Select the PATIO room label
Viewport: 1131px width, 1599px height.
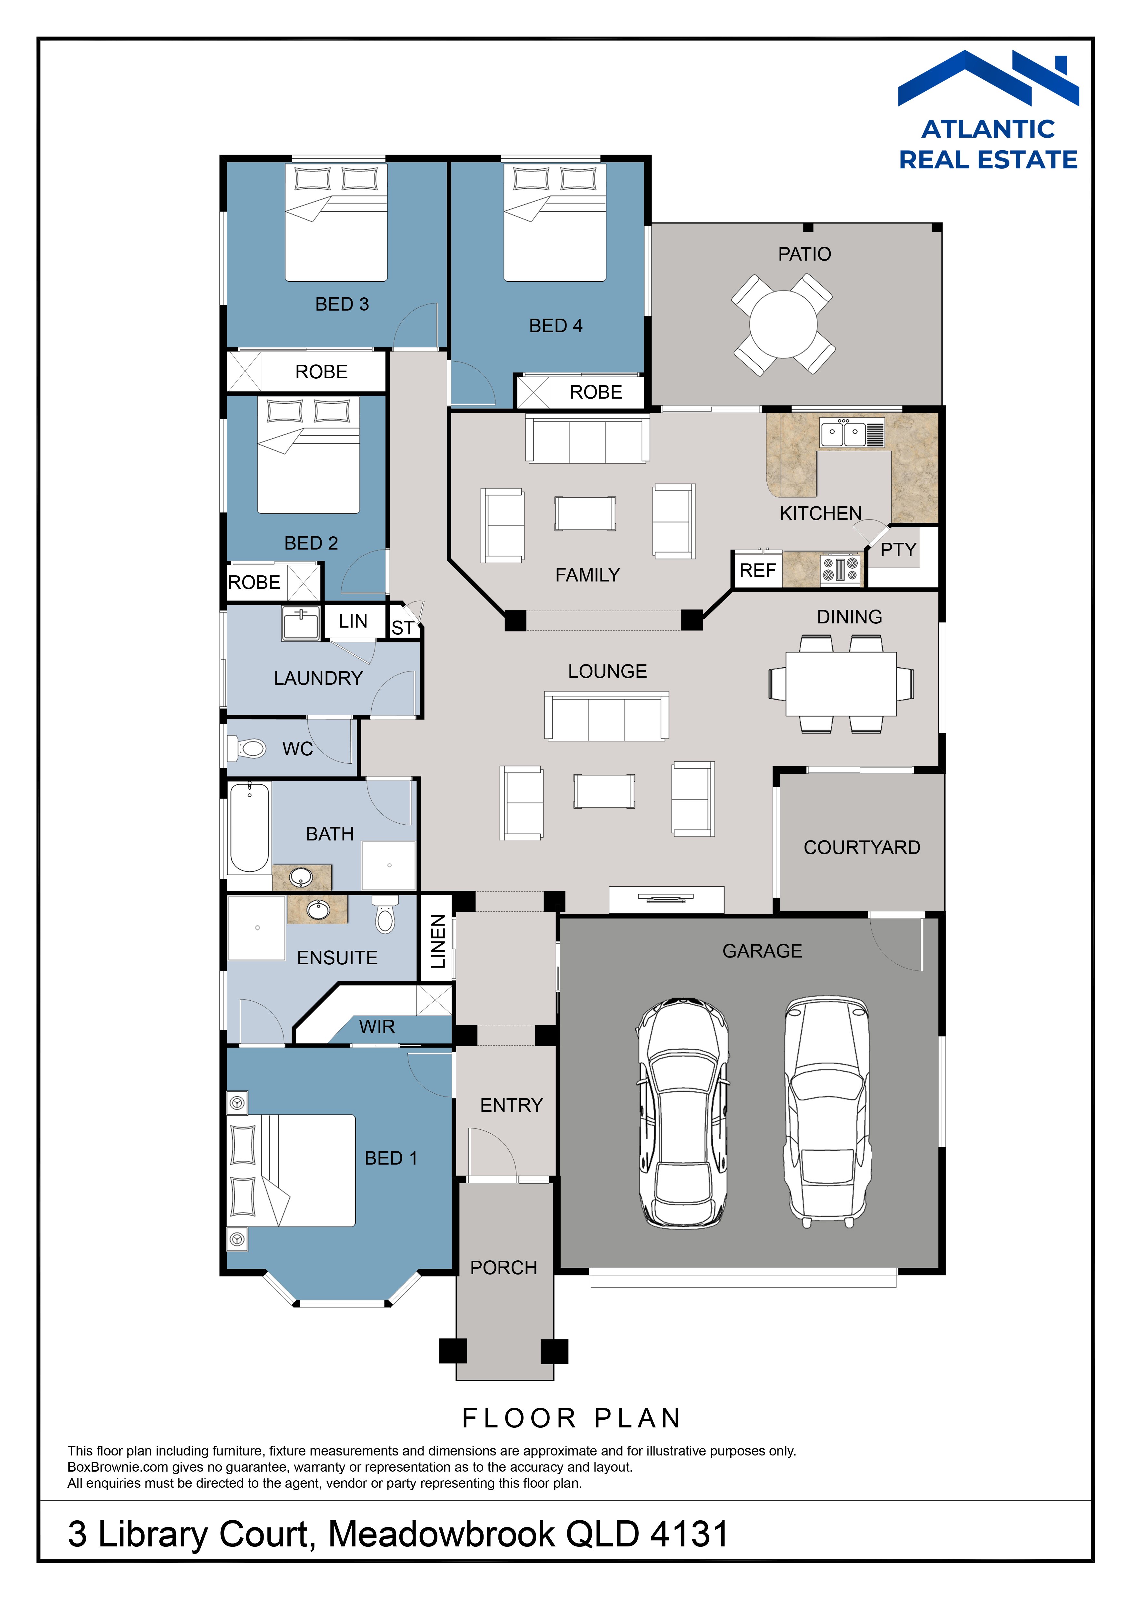[804, 254]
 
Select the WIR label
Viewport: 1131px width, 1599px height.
[377, 1027]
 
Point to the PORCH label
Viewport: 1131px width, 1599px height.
[504, 1267]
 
